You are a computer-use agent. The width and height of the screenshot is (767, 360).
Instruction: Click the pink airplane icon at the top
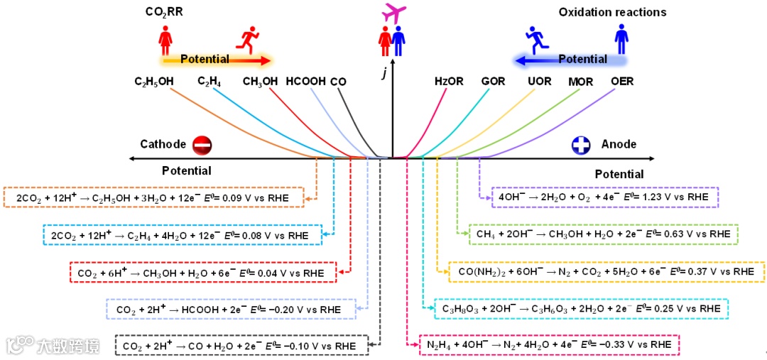tap(396, 12)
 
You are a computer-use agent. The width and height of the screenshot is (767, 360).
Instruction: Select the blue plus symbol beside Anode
tap(582, 145)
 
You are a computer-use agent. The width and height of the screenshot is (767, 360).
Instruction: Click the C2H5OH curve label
tap(154, 82)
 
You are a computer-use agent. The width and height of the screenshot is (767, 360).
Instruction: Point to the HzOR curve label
tap(449, 82)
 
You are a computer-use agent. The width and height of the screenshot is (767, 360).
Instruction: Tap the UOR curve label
tap(539, 82)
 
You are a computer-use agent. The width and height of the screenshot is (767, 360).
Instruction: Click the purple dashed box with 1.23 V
tap(605, 197)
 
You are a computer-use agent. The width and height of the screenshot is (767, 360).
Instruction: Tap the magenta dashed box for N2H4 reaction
tap(549, 344)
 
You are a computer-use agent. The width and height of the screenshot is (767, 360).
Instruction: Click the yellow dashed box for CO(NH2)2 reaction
tap(606, 271)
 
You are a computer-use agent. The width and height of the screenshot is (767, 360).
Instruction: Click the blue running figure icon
tap(537, 39)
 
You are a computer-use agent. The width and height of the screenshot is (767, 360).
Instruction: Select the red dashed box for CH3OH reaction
tap(202, 272)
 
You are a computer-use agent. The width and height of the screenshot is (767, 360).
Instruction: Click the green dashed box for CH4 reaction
tap(604, 234)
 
